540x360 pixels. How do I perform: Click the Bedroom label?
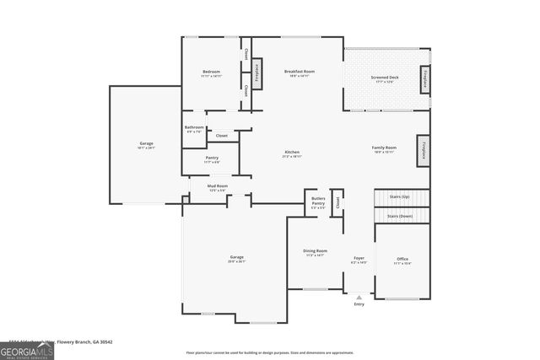pyautogui.click(x=210, y=73)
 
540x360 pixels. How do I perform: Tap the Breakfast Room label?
pyautogui.click(x=299, y=73)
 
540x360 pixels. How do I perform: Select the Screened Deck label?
pyautogui.click(x=384, y=78)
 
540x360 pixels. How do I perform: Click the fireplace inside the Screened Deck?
pyautogui.click(x=424, y=77)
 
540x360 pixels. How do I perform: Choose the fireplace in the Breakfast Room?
pyautogui.click(x=256, y=73)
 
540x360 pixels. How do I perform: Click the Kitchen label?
pyautogui.click(x=291, y=153)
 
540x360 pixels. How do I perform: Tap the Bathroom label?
pyautogui.click(x=194, y=128)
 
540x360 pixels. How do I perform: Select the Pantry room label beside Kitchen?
pyautogui.click(x=212, y=158)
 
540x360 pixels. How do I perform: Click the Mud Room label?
pyautogui.click(x=218, y=186)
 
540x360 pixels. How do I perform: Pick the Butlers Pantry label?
pyautogui.click(x=318, y=201)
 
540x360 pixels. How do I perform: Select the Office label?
pyautogui.click(x=402, y=260)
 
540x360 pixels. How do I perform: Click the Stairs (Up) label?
pyautogui.click(x=399, y=196)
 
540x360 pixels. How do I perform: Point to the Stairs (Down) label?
pyautogui.click(x=399, y=216)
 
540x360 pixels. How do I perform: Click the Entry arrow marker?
pyautogui.click(x=359, y=297)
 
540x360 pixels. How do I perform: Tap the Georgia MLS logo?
pyautogui.click(x=27, y=348)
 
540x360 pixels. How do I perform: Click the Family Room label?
pyautogui.click(x=384, y=149)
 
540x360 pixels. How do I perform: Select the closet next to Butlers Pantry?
pyautogui.click(x=337, y=202)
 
